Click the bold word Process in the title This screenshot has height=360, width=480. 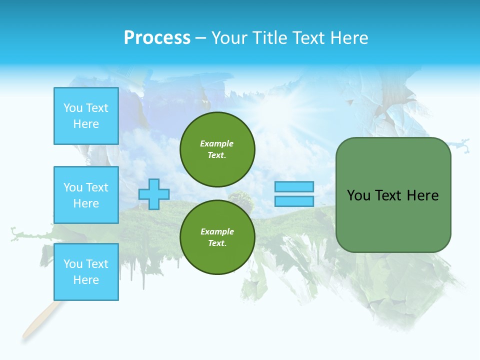pyautogui.click(x=157, y=37)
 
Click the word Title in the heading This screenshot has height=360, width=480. pyautogui.click(x=269, y=37)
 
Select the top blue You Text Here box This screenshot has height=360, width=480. pyautogui.click(x=86, y=116)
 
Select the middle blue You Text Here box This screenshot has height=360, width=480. pyautogui.click(x=86, y=195)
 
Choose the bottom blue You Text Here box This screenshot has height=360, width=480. pyautogui.click(x=86, y=272)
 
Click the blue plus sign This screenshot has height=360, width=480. pyautogui.click(x=154, y=194)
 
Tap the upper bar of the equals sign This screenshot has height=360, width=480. pyautogui.click(x=294, y=187)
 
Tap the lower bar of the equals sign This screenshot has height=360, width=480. pyautogui.click(x=294, y=201)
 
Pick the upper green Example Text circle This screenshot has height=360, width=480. pyautogui.click(x=217, y=149)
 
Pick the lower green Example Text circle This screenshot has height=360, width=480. pyautogui.click(x=217, y=237)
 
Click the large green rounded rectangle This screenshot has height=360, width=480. pyautogui.click(x=393, y=220)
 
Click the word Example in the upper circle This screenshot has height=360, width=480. pyautogui.click(x=216, y=143)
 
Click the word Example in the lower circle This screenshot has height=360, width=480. pyautogui.click(x=217, y=231)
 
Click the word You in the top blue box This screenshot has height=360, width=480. pyautogui.click(x=72, y=108)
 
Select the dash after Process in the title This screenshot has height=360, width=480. pyautogui.click(x=200, y=38)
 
